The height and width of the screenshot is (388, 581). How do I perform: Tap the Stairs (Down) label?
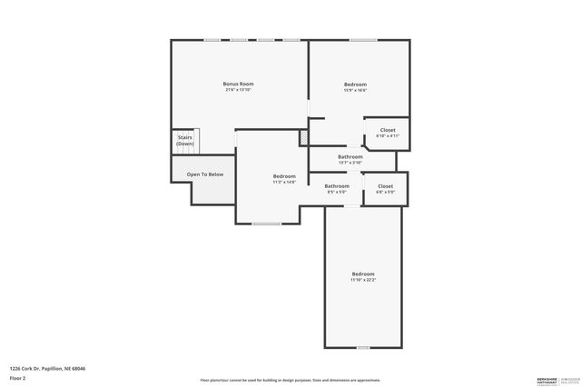coord(185,141)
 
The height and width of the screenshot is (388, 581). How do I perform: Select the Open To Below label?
coord(205,174)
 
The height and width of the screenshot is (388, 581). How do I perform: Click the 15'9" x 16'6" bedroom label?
coord(355,87)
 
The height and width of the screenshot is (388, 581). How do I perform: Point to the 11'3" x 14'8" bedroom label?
coord(284,178)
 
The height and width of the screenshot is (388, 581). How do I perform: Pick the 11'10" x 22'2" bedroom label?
coord(363,276)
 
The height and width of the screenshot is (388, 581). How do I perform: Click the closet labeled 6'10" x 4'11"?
coord(388,133)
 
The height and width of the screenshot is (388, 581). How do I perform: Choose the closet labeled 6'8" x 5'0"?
coord(386,188)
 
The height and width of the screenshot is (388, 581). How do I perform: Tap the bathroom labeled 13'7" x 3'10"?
coord(350,159)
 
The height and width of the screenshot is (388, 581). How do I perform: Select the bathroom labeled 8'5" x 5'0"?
coord(337,188)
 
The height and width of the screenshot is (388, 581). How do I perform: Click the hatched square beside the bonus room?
coord(304,136)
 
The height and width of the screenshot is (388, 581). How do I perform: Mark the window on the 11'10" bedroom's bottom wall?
coord(363,347)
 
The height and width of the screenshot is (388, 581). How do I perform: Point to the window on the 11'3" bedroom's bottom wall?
coord(266,224)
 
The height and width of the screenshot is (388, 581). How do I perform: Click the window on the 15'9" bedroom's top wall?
coord(363,40)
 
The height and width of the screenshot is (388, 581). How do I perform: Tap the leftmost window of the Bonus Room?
coord(212,40)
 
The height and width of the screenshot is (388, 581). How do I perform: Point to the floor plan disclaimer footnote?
coord(290,380)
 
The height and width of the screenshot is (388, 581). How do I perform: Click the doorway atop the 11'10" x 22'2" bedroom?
coord(350,205)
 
